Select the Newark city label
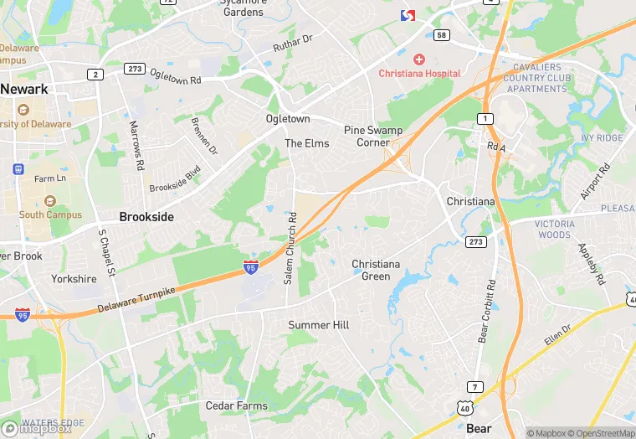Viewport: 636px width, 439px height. [23, 89]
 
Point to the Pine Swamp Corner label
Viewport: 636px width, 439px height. [373, 136]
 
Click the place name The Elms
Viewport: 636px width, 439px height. [307, 143]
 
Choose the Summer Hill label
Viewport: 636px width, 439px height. [319, 325]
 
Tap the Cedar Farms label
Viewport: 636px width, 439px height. [237, 405]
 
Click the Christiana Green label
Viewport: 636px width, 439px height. [376, 270]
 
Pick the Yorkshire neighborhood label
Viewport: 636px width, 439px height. [74, 279]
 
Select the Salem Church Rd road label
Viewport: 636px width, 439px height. [290, 248]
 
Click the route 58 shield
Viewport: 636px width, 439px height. [441, 34]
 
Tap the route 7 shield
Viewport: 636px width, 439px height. [475, 386]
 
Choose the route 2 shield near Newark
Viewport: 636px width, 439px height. [95, 75]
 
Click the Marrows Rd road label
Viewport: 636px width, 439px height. [136, 142]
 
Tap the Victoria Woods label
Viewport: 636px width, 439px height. [555, 230]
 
